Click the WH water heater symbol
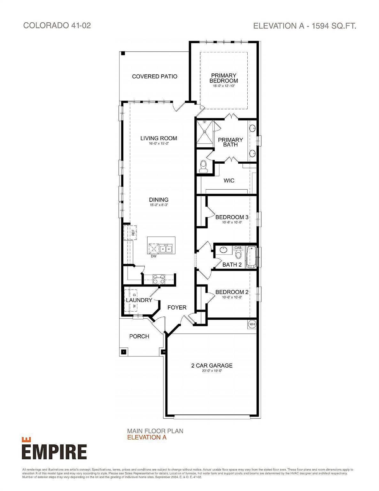point(252,324)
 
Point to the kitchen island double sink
point(166,249)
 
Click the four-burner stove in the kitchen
point(159,279)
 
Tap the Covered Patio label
point(155,76)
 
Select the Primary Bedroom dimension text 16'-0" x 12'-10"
point(224,86)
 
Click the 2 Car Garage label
point(212,365)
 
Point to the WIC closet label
point(229,181)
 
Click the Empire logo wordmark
point(54,451)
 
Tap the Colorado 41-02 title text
point(57,26)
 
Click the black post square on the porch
point(124,352)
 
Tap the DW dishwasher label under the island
point(154,256)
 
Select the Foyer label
point(177,307)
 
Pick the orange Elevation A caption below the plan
point(147,437)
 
